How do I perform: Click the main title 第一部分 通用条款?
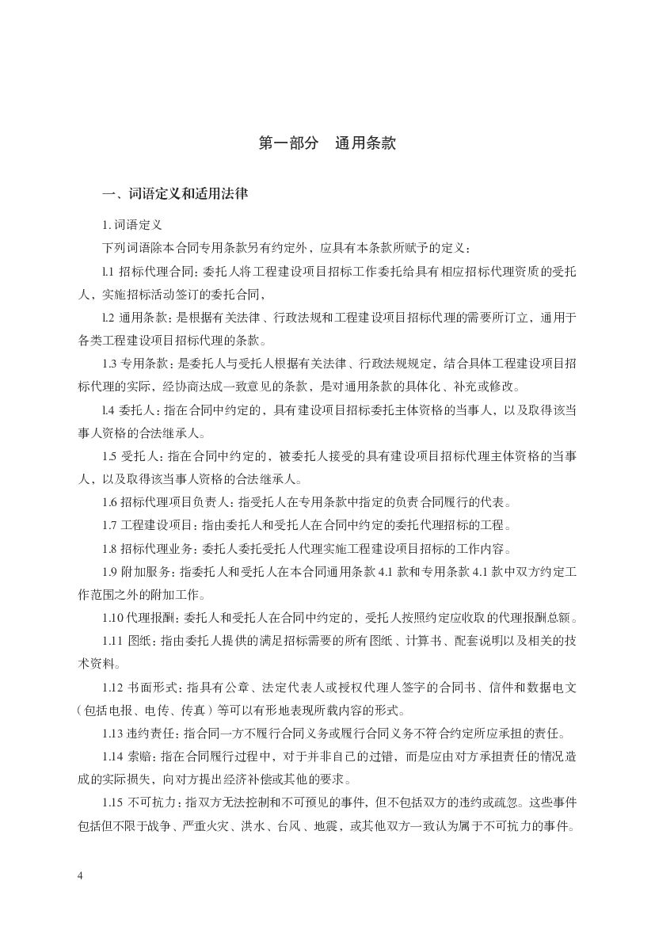327,143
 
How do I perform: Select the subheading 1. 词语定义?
132,225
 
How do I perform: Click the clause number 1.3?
109,363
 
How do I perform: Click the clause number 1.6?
109,501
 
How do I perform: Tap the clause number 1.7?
109,524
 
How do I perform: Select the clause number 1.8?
109,548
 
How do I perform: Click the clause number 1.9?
109,571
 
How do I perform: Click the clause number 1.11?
112,641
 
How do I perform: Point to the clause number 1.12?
112,687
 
